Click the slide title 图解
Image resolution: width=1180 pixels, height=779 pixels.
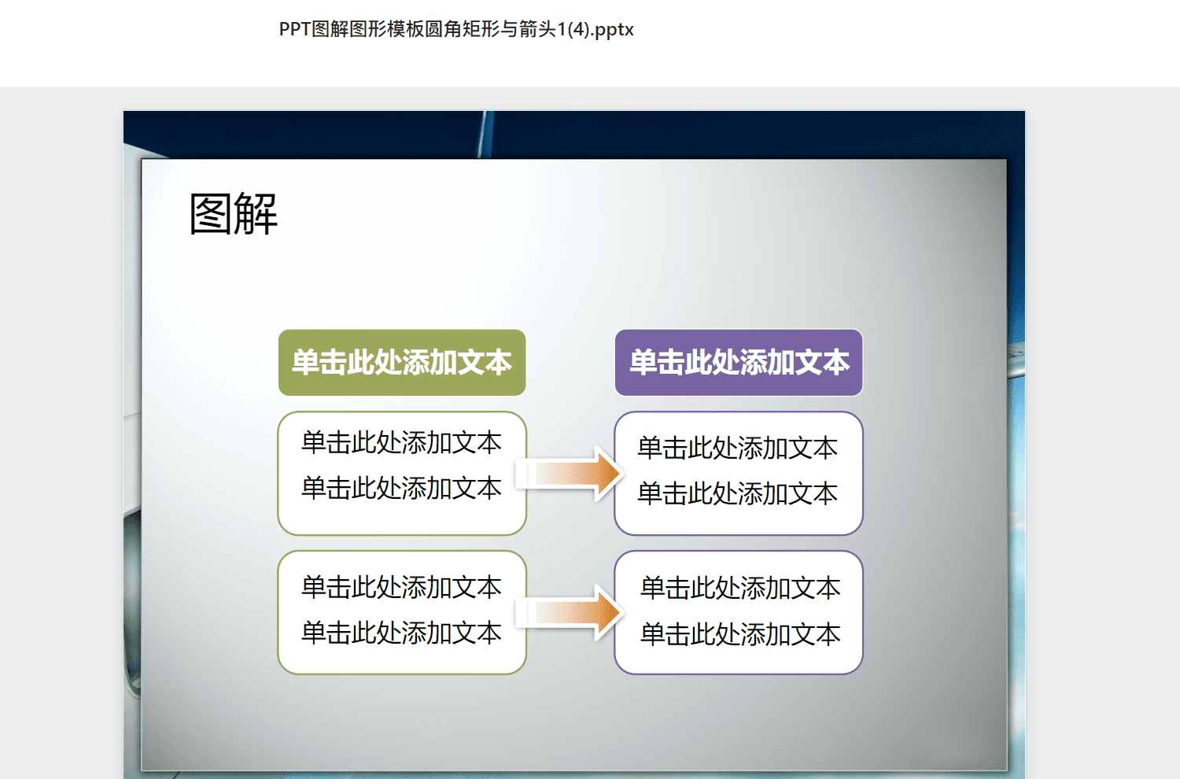(x=234, y=213)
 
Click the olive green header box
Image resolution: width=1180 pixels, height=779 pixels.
(x=402, y=363)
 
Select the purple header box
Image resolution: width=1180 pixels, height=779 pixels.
(x=739, y=363)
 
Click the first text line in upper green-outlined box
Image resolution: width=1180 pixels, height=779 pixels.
(x=401, y=442)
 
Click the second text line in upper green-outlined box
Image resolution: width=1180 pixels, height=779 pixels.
(x=401, y=488)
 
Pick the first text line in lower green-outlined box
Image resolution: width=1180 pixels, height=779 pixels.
(x=401, y=587)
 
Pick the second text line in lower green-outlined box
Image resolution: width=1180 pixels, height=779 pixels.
(x=401, y=633)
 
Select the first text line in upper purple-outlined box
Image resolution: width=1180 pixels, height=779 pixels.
(x=738, y=448)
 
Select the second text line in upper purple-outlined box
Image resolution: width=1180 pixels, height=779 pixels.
(x=738, y=493)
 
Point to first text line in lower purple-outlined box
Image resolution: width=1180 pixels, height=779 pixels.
(x=740, y=588)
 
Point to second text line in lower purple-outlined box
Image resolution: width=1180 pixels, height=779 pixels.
(x=740, y=633)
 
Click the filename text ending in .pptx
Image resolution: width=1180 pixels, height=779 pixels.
(x=456, y=30)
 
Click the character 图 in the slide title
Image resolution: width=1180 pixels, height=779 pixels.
(x=210, y=213)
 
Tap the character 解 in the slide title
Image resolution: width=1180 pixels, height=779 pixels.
(x=256, y=213)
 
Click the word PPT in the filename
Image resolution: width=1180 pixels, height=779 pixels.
(x=294, y=29)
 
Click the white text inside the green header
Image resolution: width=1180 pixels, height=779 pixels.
(x=402, y=363)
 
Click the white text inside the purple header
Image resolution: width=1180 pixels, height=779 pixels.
(x=739, y=363)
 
